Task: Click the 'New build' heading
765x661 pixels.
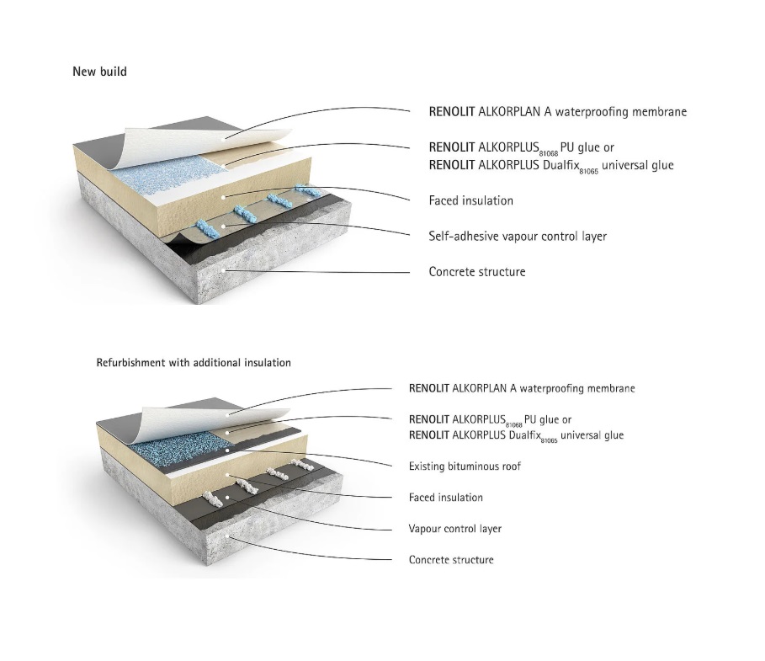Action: click(99, 72)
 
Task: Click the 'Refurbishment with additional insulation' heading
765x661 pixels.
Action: click(194, 363)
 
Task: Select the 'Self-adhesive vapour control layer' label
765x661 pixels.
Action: click(518, 237)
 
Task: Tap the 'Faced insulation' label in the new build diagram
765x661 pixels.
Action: click(470, 201)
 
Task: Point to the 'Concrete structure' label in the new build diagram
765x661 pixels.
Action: click(476, 272)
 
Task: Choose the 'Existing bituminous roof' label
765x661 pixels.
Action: click(464, 466)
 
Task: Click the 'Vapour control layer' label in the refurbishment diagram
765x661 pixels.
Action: click(455, 529)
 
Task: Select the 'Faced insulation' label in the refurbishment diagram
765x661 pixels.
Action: click(445, 498)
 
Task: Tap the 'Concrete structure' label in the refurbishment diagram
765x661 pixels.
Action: click(451, 560)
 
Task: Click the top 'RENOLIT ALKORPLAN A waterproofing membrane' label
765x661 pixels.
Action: click(557, 112)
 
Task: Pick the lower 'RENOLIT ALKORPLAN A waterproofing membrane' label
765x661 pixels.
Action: click(521, 389)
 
